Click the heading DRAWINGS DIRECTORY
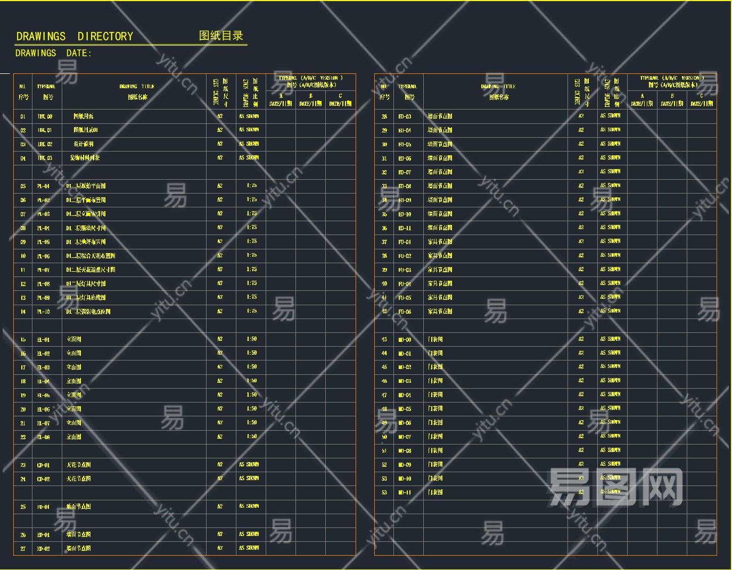coord(75,37)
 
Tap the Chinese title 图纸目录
coord(221,36)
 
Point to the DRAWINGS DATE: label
coord(53,53)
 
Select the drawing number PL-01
coord(44,186)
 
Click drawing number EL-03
coord(44,367)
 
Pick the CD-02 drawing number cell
coord(44,479)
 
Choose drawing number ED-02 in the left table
coord(44,548)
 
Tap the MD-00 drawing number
coord(405,339)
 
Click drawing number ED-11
coord(405,228)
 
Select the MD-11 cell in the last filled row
coord(405,492)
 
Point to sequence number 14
coord(23,312)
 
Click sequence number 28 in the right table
coord(384,116)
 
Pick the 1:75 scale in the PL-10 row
coord(252,311)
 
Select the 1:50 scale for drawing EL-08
coord(252,437)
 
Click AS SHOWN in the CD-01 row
coord(249,464)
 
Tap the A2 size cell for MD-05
coord(581,408)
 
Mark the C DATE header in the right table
coord(702,100)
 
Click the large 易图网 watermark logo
coord(615,487)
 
